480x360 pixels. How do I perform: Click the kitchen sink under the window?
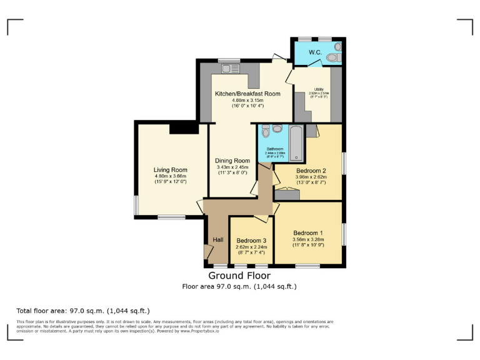tap(226, 67)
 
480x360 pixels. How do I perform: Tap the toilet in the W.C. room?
tap(331, 57)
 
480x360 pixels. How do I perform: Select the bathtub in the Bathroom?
tap(296, 143)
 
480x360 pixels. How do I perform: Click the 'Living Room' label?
tap(171, 169)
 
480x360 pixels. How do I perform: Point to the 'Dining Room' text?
tap(232, 161)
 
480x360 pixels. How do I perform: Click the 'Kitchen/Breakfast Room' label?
tap(248, 94)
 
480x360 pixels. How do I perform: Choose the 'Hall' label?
tap(218, 240)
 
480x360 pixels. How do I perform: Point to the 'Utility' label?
tap(319, 89)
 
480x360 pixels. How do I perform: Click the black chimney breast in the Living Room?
tap(184, 127)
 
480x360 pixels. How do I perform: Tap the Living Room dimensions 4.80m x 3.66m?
tap(171, 176)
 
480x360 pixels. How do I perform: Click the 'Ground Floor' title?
tap(239, 276)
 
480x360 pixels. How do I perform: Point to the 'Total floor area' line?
tap(83, 311)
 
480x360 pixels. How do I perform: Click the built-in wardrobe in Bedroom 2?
tap(287, 194)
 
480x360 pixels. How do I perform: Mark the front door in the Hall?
tap(207, 252)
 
